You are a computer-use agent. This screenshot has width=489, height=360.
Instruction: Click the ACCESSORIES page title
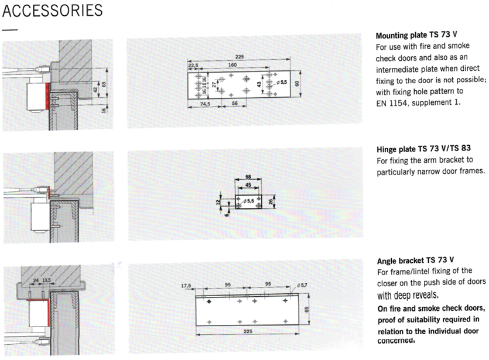pos(53,11)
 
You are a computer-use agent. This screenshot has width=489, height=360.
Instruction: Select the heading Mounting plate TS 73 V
pos(413,35)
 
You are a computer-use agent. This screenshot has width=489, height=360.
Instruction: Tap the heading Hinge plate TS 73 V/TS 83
pos(423,149)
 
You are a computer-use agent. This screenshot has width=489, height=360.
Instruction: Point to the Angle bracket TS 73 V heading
pos(415,259)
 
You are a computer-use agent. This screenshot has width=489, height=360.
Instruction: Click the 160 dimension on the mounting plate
pos(232,65)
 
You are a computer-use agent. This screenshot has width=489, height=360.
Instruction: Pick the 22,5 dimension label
pos(194,65)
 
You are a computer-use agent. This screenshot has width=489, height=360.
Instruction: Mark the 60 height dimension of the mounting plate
pos(296,84)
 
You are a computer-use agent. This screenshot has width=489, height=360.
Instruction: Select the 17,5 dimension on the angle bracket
pos(187,286)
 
